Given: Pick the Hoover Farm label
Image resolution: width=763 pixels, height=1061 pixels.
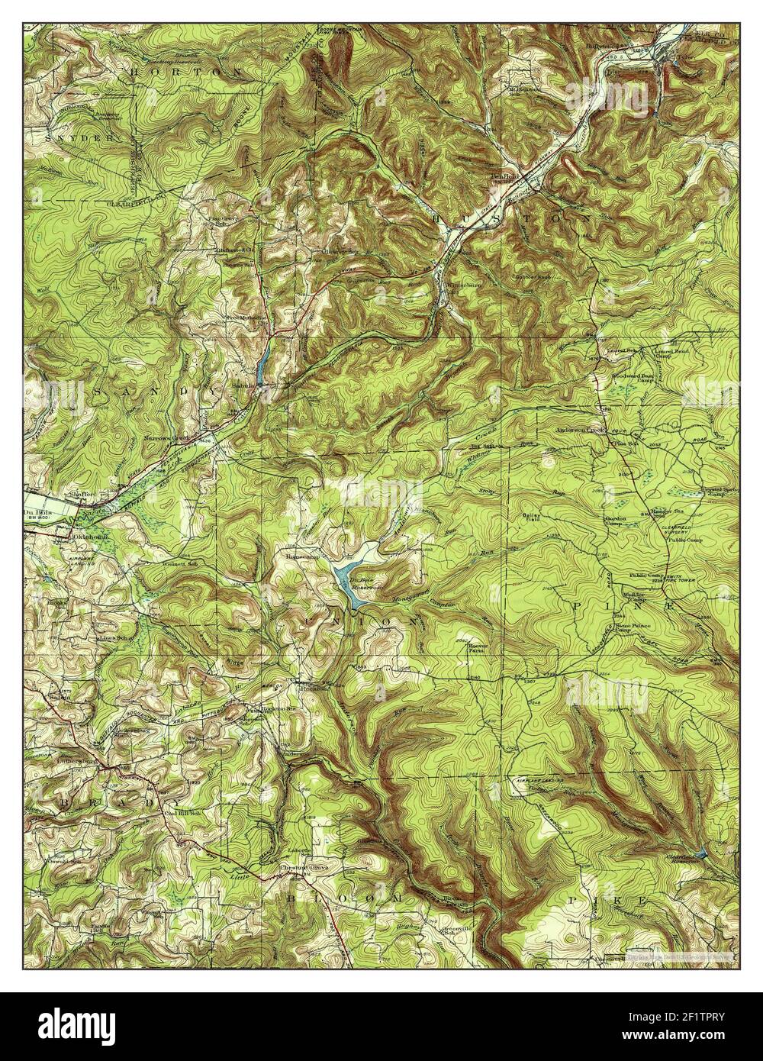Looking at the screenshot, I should pos(478,643).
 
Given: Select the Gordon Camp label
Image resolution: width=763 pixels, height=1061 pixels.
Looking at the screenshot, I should pos(616,521).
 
